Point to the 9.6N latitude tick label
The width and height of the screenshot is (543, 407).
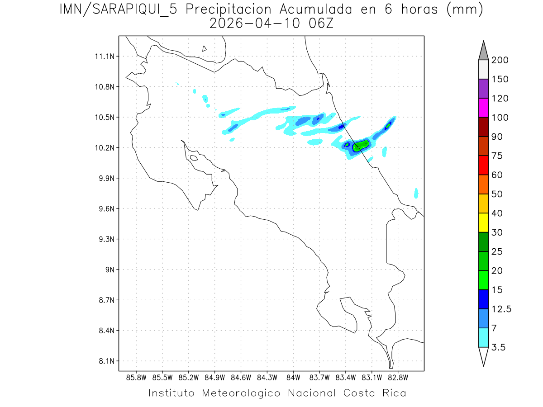105,209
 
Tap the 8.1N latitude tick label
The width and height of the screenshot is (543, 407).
105,361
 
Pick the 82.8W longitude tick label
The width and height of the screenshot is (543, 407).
398,377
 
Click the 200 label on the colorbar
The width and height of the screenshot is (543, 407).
500,60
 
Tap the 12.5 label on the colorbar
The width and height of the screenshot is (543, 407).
501,309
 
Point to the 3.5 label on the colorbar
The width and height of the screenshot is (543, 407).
499,347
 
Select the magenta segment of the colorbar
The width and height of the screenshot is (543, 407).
483,108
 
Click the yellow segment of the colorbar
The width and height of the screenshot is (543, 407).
483,222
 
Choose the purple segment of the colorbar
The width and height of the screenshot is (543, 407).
483,89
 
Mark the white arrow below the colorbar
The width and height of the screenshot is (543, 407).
483,356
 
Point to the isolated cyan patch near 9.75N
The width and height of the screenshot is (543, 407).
416,193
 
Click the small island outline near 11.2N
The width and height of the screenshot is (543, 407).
205,49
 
